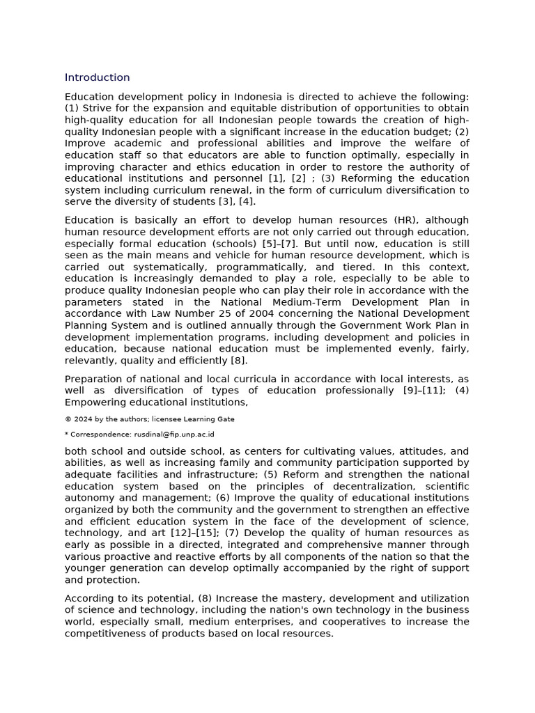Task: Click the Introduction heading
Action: coord(97,77)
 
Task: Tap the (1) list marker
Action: coord(72,108)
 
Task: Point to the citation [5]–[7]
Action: coord(282,244)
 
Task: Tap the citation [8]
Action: coord(238,361)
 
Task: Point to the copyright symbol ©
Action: coord(68,419)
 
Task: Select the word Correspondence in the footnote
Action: coord(99,434)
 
